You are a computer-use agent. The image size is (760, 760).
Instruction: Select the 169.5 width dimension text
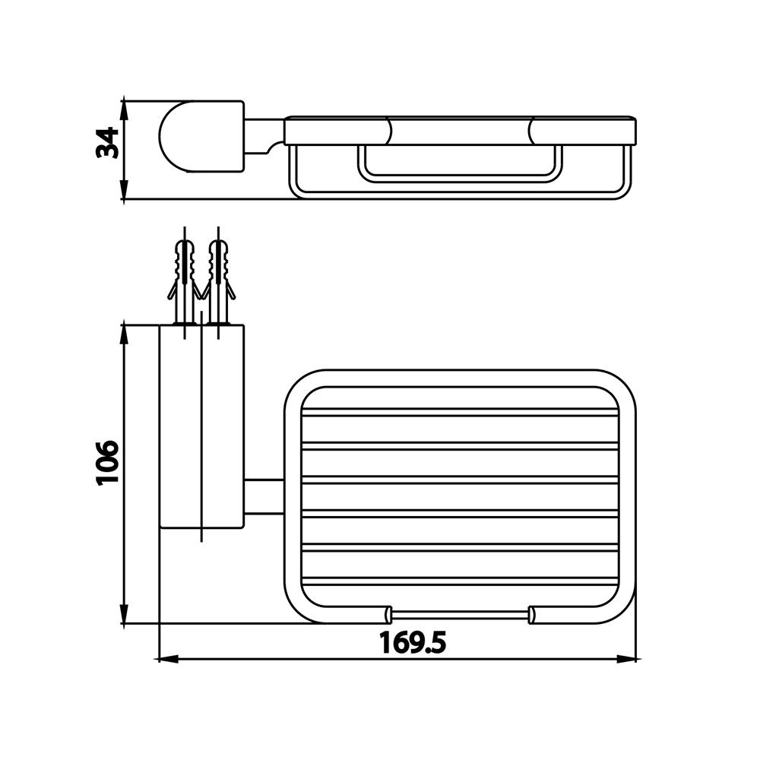coord(413,643)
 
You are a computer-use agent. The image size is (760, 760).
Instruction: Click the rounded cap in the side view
coord(201,136)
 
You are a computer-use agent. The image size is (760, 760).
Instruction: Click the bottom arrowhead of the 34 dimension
coord(124,189)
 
